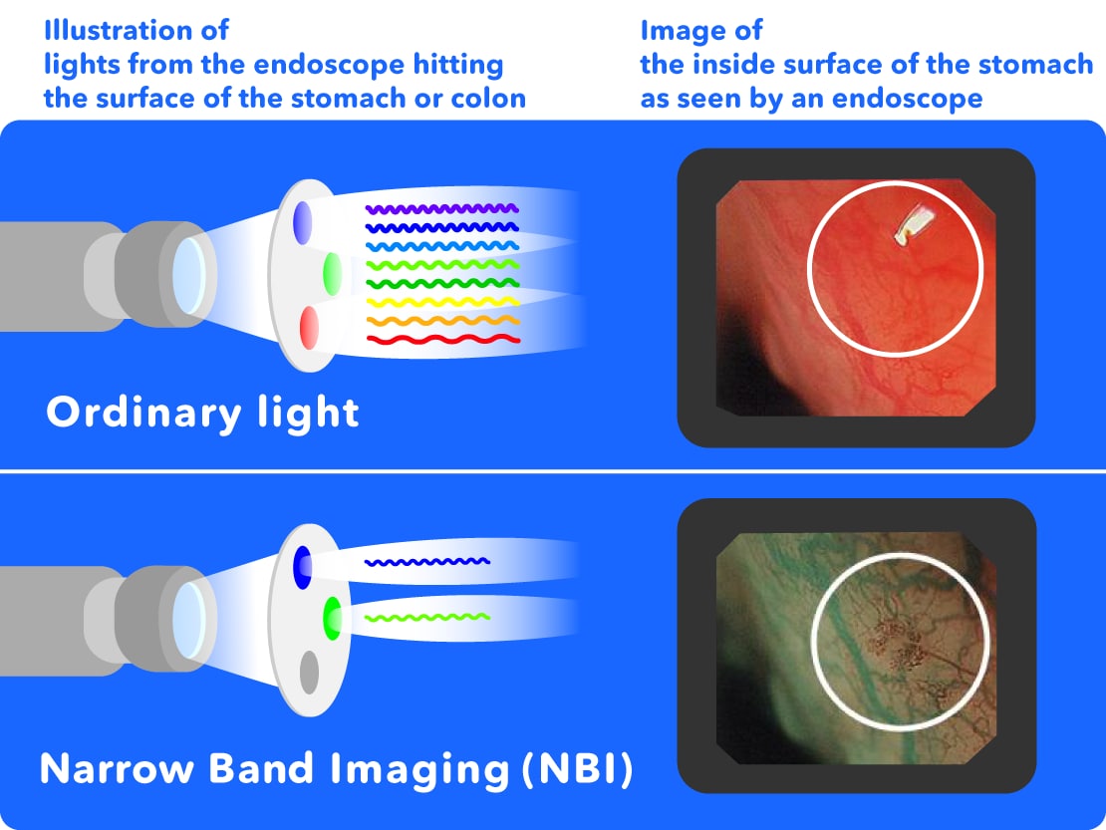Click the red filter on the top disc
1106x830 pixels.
tap(309, 327)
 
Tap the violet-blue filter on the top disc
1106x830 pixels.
tap(303, 223)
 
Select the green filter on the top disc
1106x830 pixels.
tap(332, 274)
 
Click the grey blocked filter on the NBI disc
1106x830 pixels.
tap(309, 672)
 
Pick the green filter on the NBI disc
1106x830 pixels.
tap(332, 619)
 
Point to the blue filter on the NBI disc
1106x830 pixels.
tap(303, 567)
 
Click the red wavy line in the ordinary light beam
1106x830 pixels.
tap(443, 340)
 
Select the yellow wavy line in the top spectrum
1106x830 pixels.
tap(443, 303)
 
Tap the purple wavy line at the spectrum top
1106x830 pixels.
tap(442, 208)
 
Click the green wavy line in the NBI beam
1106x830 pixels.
tap(427, 618)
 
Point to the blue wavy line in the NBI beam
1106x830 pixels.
tap(427, 562)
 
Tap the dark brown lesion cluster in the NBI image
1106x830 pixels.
tap(897, 643)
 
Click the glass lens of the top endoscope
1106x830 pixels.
tap(189, 275)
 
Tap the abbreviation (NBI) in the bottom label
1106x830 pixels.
tap(578, 768)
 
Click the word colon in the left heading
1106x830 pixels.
tap(488, 98)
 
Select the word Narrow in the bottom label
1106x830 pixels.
tap(117, 768)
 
